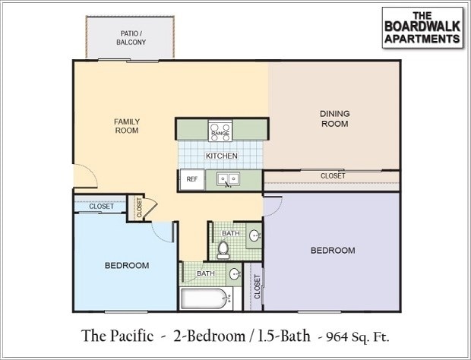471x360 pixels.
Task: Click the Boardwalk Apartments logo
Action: [422, 28]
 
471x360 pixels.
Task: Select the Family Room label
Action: [127, 125]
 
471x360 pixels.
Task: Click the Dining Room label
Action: [334, 118]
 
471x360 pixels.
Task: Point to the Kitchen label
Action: [222, 156]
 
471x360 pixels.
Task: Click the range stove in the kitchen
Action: [220, 131]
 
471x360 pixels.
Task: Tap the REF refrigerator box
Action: [191, 180]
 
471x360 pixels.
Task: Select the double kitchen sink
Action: [227, 180]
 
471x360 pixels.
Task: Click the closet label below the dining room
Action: [332, 175]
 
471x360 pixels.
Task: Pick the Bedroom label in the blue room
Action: [126, 265]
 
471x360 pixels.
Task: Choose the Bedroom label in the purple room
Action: [333, 250]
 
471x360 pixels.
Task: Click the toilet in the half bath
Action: [223, 248]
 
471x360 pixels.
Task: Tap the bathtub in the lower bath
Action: [204, 298]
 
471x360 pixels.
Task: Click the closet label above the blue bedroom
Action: [101, 206]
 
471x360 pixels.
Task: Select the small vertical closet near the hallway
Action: [139, 207]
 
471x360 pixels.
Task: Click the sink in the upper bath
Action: [254, 235]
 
